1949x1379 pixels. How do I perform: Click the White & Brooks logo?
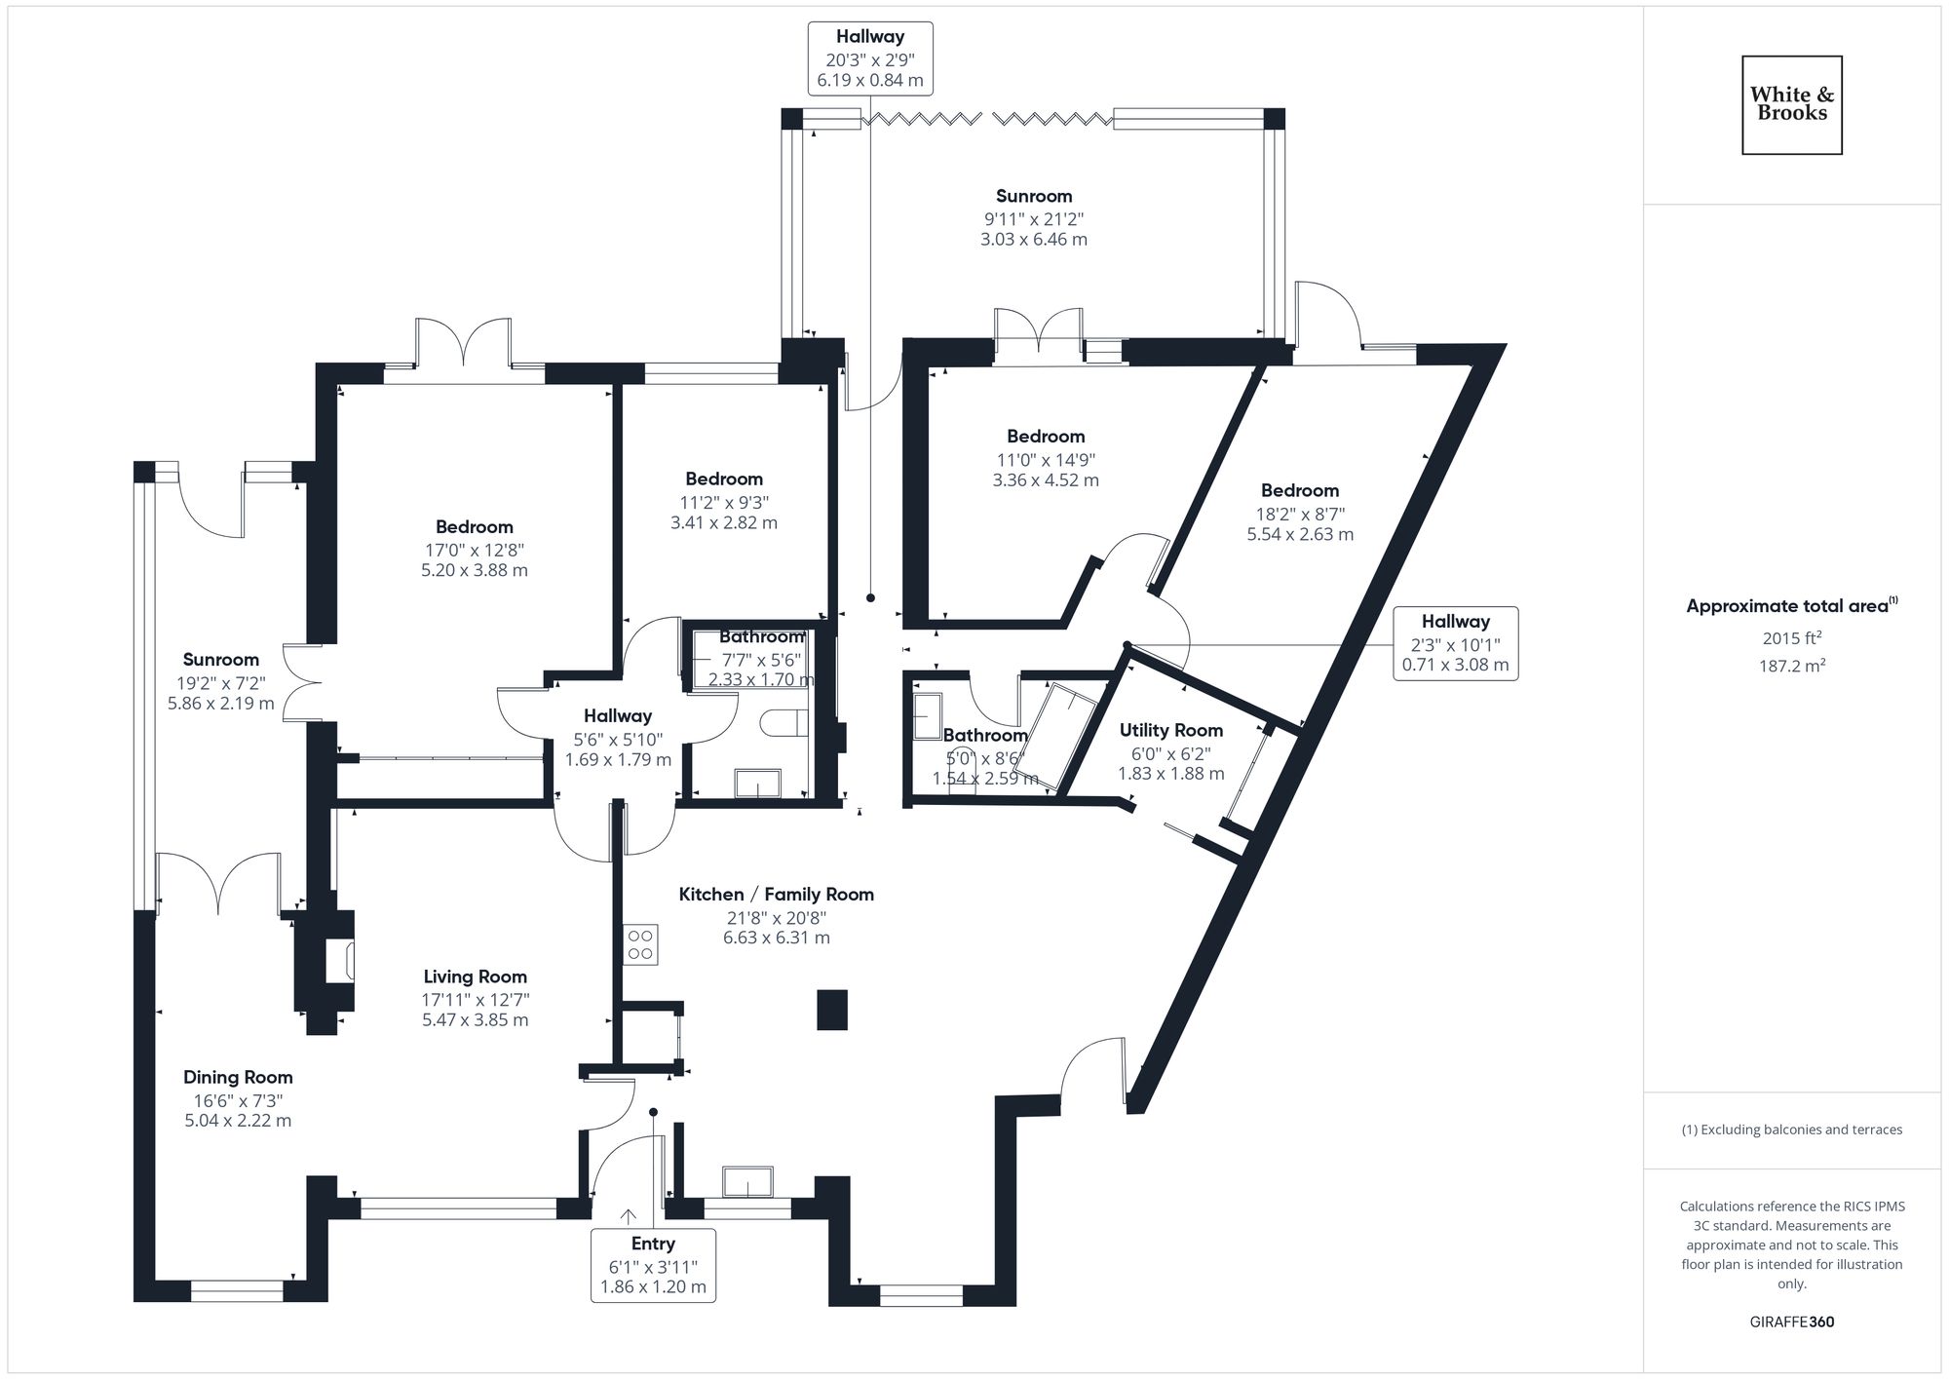click(1791, 104)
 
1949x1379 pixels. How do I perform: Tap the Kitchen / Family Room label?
click(776, 894)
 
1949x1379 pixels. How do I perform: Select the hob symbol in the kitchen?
click(640, 944)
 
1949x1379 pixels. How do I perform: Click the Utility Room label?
click(1170, 730)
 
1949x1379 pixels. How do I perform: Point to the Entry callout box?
click(653, 1265)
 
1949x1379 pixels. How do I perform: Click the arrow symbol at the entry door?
click(629, 1216)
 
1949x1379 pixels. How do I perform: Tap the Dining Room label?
click(238, 1077)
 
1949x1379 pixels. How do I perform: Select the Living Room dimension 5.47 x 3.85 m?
click(475, 1020)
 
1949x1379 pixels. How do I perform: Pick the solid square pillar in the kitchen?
click(831, 1010)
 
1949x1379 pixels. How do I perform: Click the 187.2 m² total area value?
click(1792, 666)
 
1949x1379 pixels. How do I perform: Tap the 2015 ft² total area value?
click(1792, 638)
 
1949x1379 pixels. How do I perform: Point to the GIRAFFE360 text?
click(1791, 1322)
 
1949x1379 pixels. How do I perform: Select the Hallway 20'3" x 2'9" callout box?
click(869, 58)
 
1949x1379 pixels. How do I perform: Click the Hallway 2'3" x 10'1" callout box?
click(1455, 643)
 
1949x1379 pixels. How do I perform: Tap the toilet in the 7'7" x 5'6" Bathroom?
click(784, 723)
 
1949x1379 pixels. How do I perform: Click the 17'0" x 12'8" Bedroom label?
click(475, 527)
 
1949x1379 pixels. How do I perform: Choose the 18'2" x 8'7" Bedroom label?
click(1299, 490)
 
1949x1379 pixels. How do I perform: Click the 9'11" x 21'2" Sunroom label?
click(1033, 196)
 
